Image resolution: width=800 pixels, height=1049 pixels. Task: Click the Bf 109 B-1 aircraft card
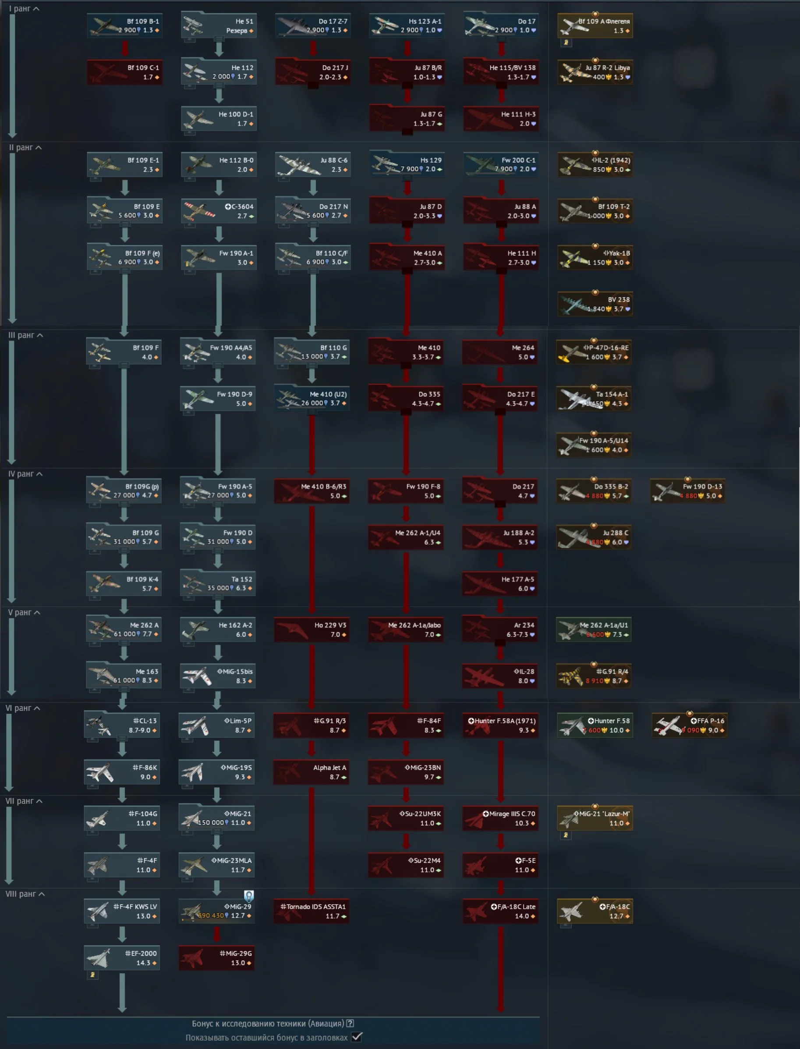pos(125,26)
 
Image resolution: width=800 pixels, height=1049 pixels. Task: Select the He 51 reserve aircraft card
pos(219,26)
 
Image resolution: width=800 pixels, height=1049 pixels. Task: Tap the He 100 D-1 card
pos(219,119)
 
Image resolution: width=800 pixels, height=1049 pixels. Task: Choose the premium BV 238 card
pos(595,304)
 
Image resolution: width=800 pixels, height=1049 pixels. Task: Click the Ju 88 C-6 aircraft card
pos(313,165)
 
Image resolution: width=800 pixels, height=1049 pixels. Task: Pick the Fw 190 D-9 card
pos(218,399)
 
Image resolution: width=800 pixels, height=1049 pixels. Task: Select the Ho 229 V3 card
pos(312,629)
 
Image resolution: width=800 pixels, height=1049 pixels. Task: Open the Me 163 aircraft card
pos(124,676)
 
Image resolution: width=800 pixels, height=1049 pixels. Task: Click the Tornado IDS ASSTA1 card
pos(312,911)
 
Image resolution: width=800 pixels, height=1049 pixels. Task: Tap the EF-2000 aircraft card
pos(122,957)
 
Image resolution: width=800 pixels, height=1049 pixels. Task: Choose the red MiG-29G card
pos(217,957)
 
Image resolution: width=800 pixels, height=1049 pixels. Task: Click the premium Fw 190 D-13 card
pos(688,491)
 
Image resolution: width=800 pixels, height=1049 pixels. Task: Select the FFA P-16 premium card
pos(689,725)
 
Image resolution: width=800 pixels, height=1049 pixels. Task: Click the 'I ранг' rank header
pos(24,9)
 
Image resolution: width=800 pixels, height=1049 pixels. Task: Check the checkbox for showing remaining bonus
pos(357,1037)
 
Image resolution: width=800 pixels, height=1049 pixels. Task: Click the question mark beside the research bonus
pos(350,1023)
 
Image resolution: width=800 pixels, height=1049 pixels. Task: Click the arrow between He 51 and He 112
pos(219,48)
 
